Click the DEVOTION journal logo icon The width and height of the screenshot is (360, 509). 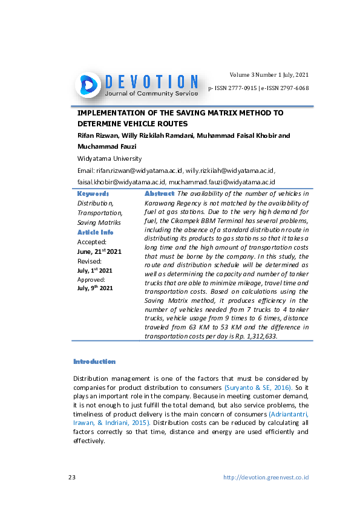[x=88, y=85]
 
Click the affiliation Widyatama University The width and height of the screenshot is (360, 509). [x=109, y=158]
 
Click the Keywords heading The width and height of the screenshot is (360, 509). [x=93, y=194]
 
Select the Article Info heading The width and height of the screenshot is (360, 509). [x=95, y=232]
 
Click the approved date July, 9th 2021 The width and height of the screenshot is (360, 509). [x=94, y=288]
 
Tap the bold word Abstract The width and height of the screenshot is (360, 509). [x=160, y=193]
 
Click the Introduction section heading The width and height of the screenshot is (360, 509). [x=94, y=361]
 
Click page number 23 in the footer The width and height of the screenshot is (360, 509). [x=71, y=477]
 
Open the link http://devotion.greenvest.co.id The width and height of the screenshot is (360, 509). [x=266, y=477]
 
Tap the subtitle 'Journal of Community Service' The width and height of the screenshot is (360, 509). [x=151, y=94]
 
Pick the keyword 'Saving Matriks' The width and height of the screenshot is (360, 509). [x=99, y=223]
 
